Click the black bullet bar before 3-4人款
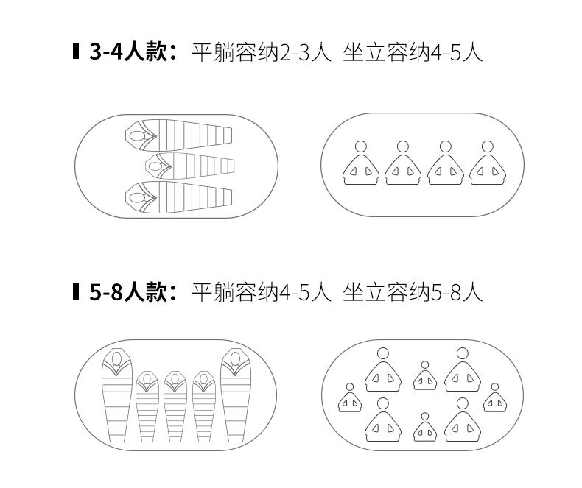(76, 52)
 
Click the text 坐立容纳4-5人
(413, 52)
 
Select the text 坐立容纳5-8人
(413, 292)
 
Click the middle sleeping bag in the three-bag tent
(189, 165)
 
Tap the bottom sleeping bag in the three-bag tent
(179, 195)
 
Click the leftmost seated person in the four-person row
(361, 165)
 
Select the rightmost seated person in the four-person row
(488, 165)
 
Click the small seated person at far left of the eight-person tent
(349, 398)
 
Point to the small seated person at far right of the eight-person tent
(494, 398)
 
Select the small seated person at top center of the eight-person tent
(424, 376)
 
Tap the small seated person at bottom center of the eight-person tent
(424, 428)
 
